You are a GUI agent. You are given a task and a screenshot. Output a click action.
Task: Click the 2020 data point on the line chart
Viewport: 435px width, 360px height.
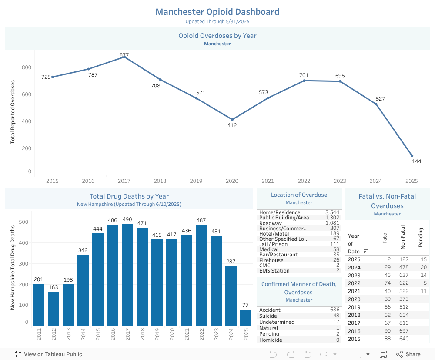tap(232, 119)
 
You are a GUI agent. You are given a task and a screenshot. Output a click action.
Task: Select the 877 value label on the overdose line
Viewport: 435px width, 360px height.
tap(124, 55)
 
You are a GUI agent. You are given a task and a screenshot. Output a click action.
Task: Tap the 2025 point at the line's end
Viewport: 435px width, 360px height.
tap(412, 156)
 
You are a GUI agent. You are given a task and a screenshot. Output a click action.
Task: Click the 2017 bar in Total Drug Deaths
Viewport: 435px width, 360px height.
tap(127, 274)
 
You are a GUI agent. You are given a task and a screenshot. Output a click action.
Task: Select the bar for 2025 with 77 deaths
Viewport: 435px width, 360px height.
tap(246, 317)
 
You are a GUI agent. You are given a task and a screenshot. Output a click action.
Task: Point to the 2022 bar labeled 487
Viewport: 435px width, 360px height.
tap(201, 275)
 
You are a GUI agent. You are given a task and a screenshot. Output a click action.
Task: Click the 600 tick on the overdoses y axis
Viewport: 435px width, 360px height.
tap(27, 94)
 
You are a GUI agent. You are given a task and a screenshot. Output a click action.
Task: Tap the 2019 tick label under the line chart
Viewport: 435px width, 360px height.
tap(196, 181)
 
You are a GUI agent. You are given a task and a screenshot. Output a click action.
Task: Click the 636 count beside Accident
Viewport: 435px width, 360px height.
tap(335, 310)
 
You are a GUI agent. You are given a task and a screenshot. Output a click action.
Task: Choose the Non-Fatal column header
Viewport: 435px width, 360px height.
tap(403, 238)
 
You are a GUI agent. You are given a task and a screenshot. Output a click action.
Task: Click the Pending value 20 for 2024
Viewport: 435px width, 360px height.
tap(423, 267)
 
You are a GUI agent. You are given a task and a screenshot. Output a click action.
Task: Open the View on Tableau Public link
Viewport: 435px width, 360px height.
tap(48, 354)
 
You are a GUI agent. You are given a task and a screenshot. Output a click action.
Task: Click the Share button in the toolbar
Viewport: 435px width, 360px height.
tap(408, 354)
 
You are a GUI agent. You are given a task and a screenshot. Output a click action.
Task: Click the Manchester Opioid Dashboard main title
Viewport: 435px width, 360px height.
tap(217, 12)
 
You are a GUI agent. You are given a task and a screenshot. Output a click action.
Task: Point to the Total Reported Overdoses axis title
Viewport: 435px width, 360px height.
tap(13, 112)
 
